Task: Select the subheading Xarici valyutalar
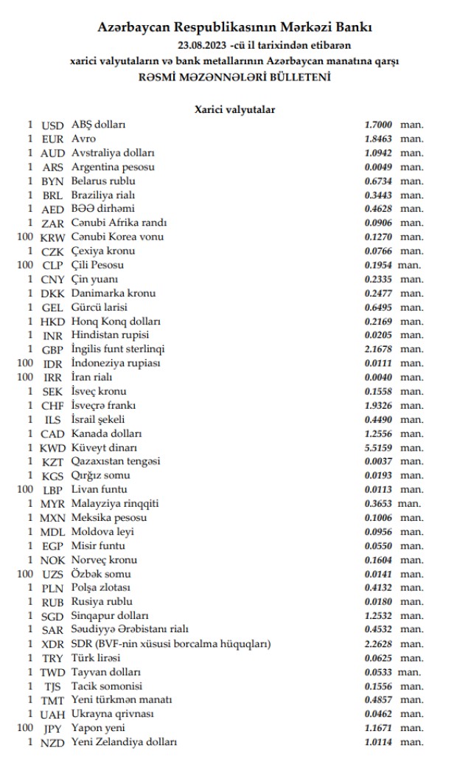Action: pos(234,109)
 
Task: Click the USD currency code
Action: pos(53,125)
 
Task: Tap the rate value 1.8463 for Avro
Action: pos(378,139)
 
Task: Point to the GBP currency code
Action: pos(53,349)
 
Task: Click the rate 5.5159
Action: pos(378,447)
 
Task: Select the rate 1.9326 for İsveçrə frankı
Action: pos(378,405)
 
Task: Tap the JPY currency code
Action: pos(53,728)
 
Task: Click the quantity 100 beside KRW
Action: pos(25,237)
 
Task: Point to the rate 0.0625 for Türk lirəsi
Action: pos(378,658)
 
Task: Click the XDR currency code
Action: pos(53,644)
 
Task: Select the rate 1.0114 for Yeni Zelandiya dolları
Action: pos(378,742)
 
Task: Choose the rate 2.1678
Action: pos(378,349)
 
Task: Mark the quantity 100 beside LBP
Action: pos(25,489)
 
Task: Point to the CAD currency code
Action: pos(53,433)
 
